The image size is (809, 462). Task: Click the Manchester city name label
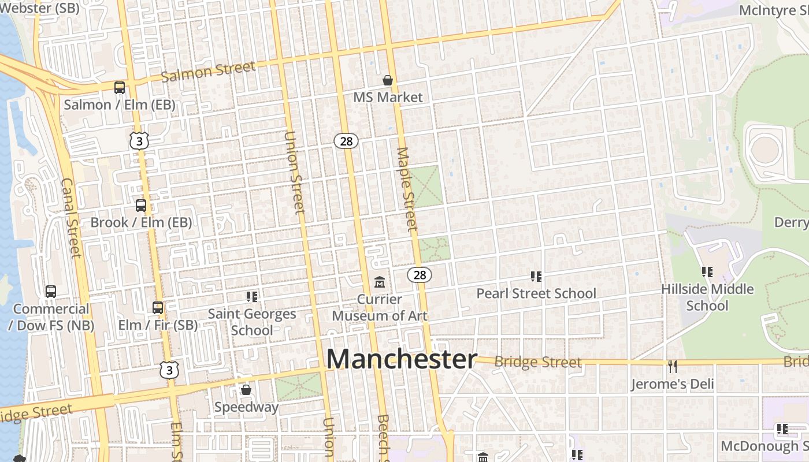[x=402, y=359]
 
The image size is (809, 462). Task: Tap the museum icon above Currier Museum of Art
[x=380, y=282]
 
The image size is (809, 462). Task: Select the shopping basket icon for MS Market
[x=388, y=80]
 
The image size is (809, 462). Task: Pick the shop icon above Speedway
[x=246, y=390]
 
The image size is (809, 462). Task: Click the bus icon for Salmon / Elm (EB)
[x=120, y=88]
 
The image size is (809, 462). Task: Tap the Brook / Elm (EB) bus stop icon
[x=141, y=206]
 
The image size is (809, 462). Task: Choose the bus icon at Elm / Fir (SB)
[x=158, y=308]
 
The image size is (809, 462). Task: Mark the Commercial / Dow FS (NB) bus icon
[x=51, y=292]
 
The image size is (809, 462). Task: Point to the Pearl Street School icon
[x=536, y=277]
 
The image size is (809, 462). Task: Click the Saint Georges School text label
[x=252, y=322]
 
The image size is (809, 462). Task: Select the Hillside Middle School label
[x=707, y=297]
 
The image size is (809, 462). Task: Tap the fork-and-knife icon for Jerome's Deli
[x=672, y=367]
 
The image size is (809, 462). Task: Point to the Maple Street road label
[x=407, y=189]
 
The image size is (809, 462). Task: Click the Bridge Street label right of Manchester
[x=538, y=362]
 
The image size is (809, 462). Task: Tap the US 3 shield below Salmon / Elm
[x=139, y=140]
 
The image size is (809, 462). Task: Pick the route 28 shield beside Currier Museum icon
[x=420, y=275]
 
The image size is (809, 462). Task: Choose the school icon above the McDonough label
[x=782, y=429]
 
